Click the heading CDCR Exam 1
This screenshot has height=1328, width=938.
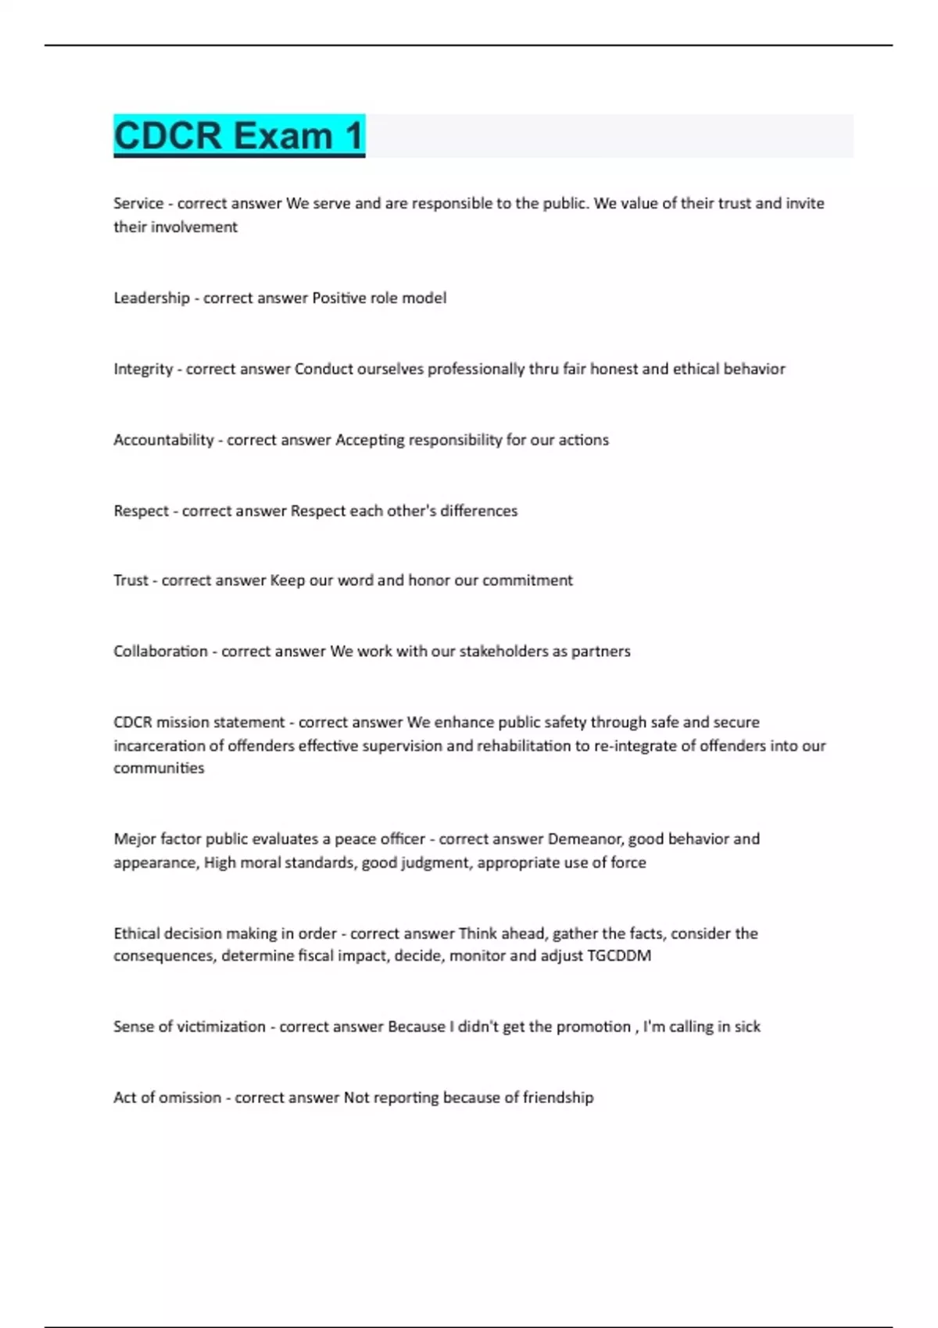coord(239,136)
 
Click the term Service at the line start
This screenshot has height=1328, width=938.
coord(138,203)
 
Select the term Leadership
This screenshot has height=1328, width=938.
coord(152,298)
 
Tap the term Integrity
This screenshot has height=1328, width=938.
coord(143,369)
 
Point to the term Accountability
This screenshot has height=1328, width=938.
coord(163,440)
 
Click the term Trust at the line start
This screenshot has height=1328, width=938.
coord(131,580)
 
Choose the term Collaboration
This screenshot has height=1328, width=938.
coord(160,652)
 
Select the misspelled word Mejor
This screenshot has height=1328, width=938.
coord(134,839)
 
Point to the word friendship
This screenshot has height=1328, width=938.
coord(558,1098)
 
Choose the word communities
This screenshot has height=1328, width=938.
coord(159,768)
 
